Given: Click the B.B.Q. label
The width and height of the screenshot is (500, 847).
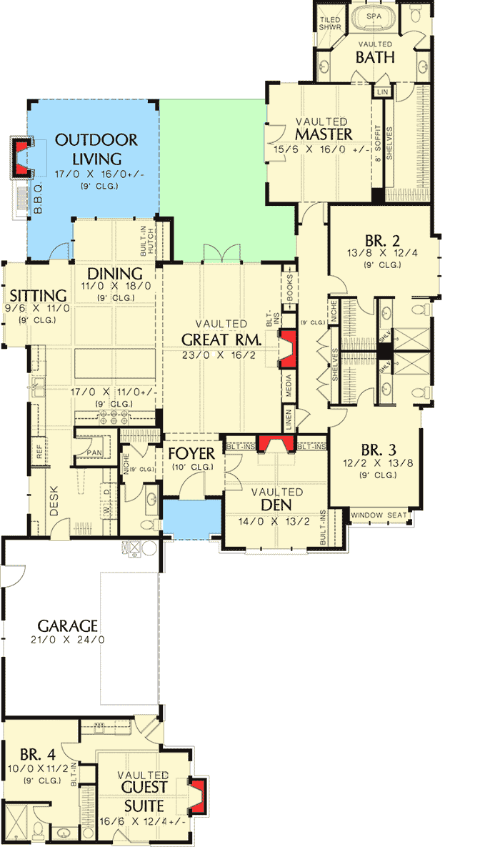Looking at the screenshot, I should (39, 200).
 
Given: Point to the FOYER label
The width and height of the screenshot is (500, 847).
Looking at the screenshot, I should (191, 455).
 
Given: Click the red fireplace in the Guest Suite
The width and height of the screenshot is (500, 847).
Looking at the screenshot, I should (199, 795).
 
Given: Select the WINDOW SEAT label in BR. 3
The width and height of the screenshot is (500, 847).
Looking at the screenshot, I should (380, 515).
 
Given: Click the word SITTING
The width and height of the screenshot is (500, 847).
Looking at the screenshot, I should (39, 295).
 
